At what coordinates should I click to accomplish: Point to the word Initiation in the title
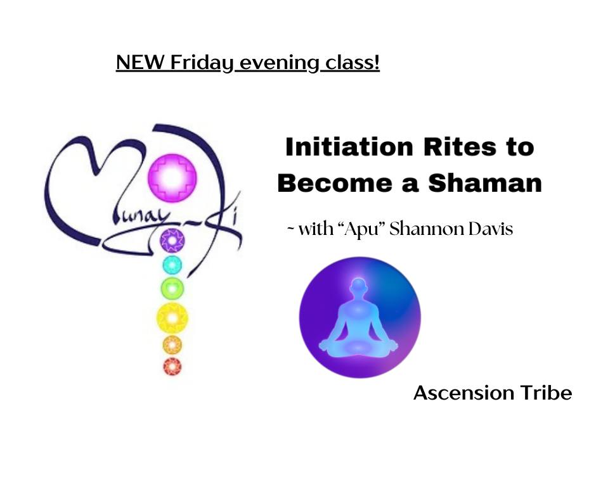tap(349, 147)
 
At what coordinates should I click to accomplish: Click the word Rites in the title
tap(460, 147)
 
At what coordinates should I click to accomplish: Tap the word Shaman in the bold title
tap(485, 183)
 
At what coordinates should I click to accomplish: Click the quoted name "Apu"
tap(360, 229)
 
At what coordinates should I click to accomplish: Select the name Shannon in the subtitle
tap(427, 229)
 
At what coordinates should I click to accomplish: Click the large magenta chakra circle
tap(172, 177)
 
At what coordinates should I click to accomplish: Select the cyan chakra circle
tap(172, 265)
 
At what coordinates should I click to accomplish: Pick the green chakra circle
tap(172, 288)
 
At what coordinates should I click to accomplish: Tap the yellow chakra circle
tap(172, 318)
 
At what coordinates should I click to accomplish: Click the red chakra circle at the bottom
tap(172, 367)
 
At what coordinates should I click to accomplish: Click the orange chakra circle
tap(172, 345)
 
